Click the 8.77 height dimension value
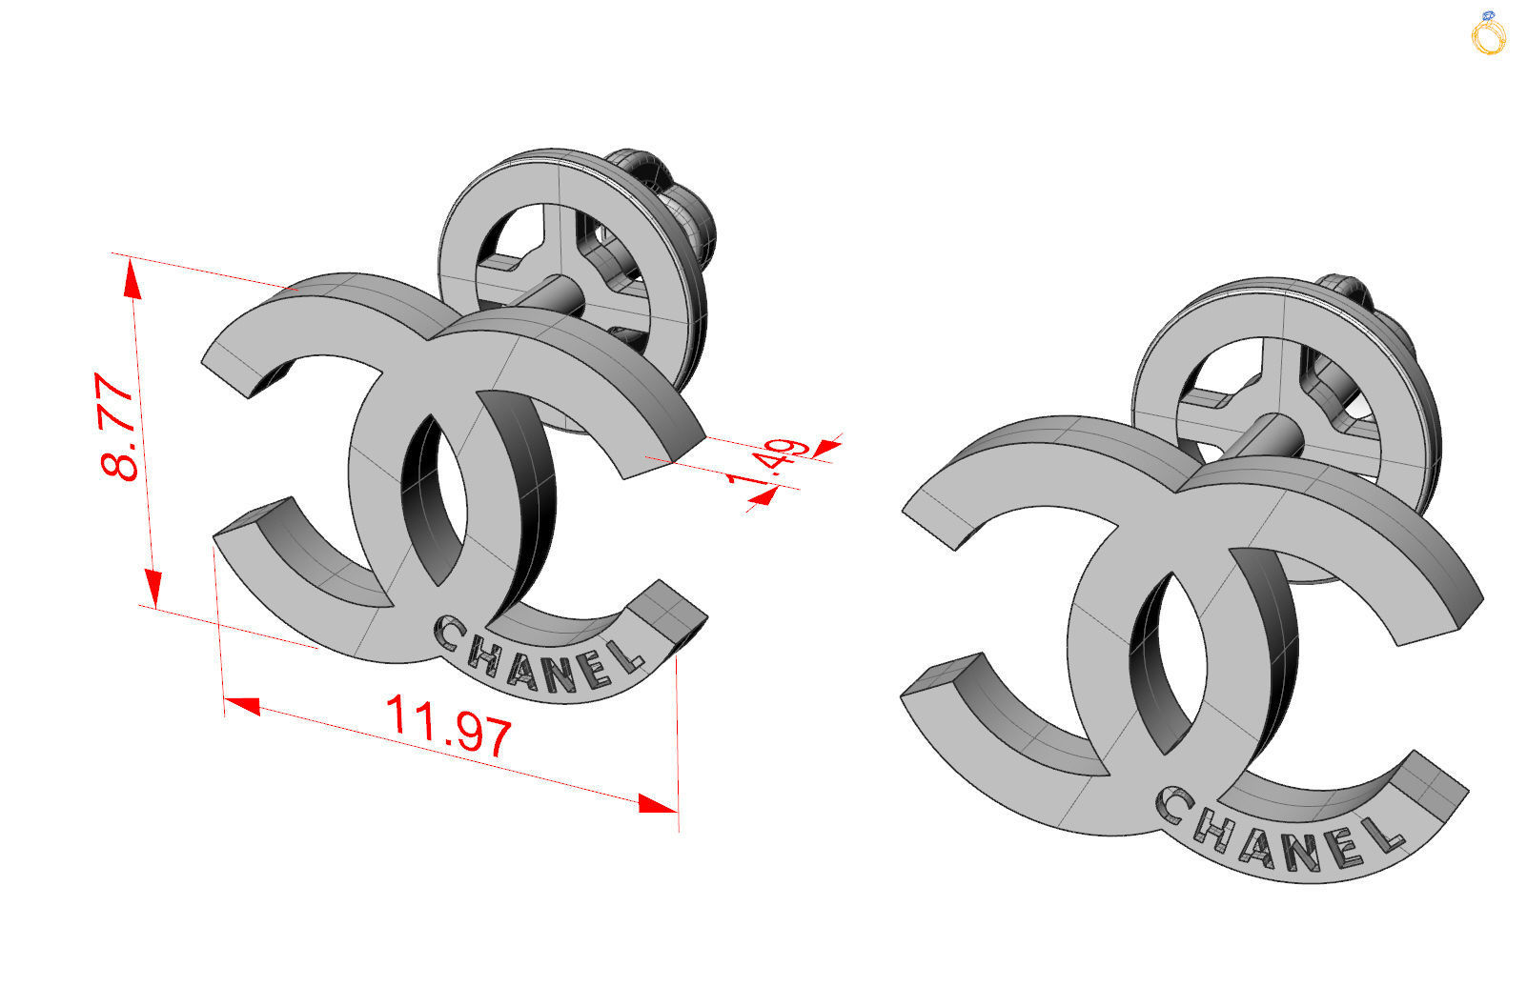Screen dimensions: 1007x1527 pos(118,427)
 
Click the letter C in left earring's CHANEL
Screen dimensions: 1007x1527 pos(448,631)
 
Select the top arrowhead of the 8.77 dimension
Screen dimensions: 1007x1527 pos(132,279)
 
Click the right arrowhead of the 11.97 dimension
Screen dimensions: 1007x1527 pos(658,804)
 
